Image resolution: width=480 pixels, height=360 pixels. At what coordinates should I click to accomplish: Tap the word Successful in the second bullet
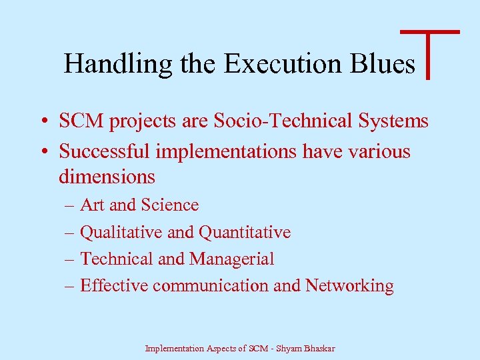105,151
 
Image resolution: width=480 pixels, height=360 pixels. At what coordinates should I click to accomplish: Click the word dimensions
107,177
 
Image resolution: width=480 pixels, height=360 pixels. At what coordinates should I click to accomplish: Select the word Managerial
231,259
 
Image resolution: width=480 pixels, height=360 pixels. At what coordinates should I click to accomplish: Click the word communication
210,285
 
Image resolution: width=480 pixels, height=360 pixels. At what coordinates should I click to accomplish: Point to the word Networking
349,285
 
